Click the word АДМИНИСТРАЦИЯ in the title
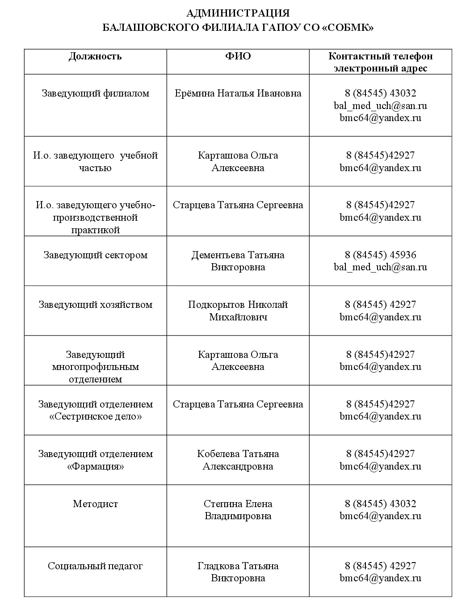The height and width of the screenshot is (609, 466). point(238,13)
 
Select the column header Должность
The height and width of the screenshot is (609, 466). point(95,56)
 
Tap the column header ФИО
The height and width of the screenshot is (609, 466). point(238,56)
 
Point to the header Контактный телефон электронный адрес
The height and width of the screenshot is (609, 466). point(380,62)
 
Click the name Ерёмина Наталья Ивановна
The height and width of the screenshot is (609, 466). point(238,93)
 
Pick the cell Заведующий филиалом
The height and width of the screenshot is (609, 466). point(95,93)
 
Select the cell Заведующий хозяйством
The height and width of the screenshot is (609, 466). point(95,305)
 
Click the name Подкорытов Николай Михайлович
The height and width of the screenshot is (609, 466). point(238,311)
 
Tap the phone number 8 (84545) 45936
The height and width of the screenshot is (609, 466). point(380,255)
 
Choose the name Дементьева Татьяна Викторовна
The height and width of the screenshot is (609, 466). point(238,261)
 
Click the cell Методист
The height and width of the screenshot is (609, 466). point(95,504)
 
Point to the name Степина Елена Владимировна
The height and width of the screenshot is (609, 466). point(238,510)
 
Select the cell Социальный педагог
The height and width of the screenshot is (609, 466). point(95,566)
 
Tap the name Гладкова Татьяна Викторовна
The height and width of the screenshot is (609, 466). point(238,572)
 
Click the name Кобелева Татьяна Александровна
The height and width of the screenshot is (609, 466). point(238,460)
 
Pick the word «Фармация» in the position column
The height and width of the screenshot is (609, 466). point(95,466)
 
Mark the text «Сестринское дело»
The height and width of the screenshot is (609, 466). point(95,417)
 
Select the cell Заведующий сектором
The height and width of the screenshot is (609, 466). point(95,255)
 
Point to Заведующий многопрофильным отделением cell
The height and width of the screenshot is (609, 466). point(95,367)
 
